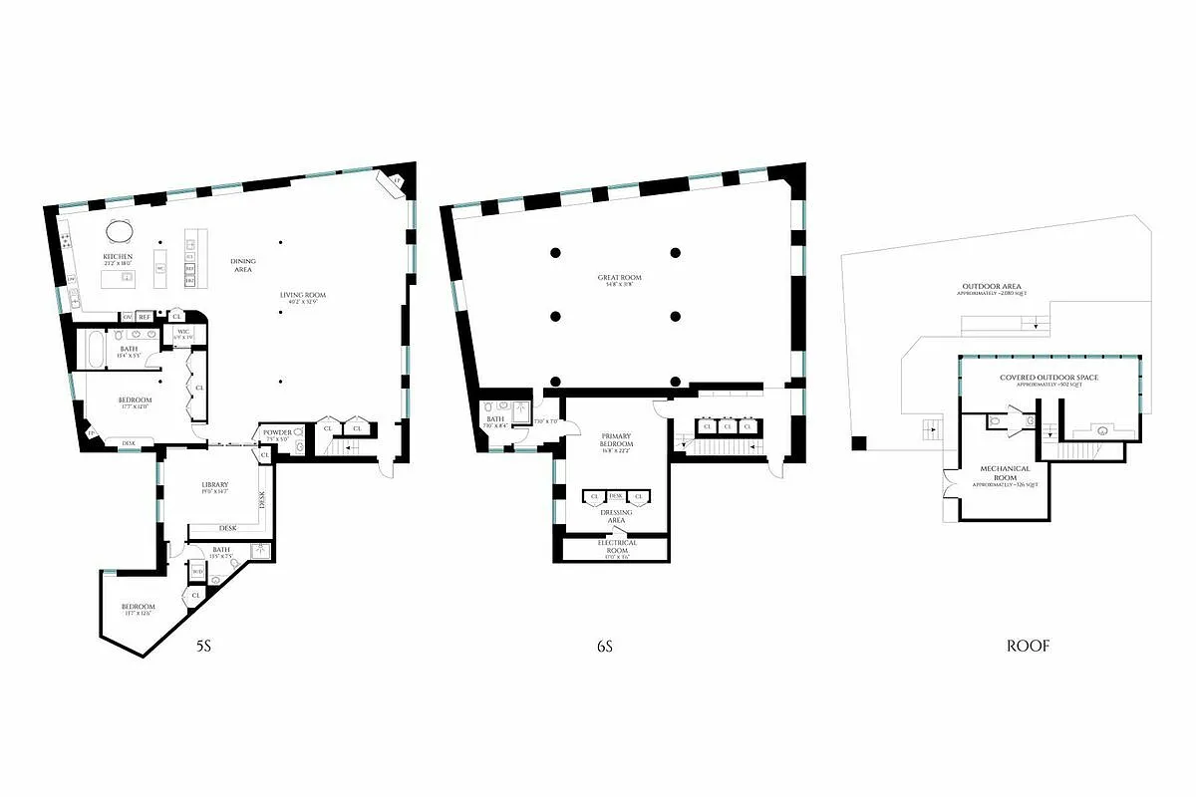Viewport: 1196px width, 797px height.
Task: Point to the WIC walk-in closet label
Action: coord(183,332)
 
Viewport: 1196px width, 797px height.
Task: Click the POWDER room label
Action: coord(277,432)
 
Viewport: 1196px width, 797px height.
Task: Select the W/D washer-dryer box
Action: coord(197,571)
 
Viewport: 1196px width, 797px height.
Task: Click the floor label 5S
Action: coord(203,646)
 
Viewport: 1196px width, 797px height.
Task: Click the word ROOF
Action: coord(1028,646)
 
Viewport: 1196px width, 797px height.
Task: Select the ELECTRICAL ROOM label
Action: coord(616,547)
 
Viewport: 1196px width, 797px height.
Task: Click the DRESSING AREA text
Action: coord(616,515)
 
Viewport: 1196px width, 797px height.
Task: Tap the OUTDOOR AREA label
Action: coord(987,287)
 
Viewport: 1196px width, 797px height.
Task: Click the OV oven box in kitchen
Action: coord(128,317)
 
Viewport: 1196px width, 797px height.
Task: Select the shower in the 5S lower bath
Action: coord(258,550)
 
